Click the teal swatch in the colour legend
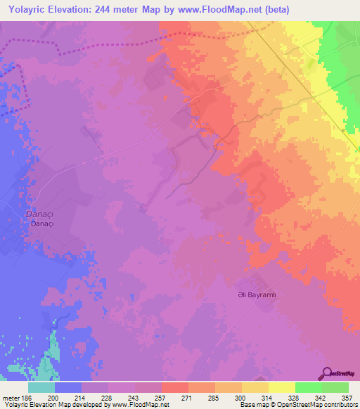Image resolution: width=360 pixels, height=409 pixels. pyautogui.click(x=41, y=387)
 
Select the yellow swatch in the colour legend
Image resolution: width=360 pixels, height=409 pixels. pyautogui.click(x=282, y=387)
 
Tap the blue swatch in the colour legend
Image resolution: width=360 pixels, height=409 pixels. pyautogui.click(x=68, y=387)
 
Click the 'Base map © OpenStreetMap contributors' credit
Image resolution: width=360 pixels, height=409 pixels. pyautogui.click(x=297, y=405)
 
